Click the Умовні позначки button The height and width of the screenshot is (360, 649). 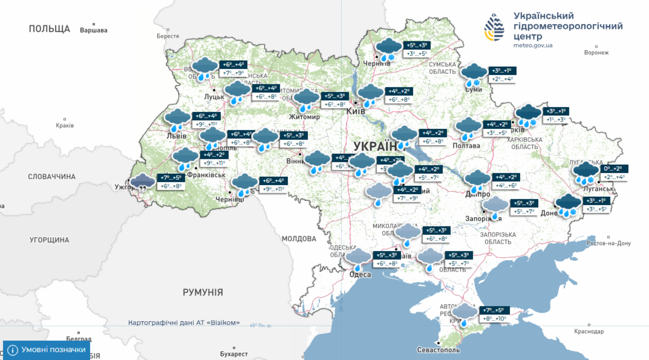click(47, 350)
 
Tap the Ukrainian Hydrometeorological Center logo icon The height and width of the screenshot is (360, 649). click(494, 27)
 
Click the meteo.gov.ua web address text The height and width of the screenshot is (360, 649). click(533, 45)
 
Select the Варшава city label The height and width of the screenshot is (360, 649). click(93, 30)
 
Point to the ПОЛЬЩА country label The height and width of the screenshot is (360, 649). click(49, 29)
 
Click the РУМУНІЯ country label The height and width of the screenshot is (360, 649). click(203, 292)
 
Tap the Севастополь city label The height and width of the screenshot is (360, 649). click(438, 350)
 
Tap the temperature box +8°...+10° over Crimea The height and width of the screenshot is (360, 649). click(494, 318)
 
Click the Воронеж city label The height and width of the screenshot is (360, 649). click(596, 52)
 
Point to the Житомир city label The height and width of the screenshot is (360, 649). click(304, 117)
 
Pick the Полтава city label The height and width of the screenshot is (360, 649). click(466, 146)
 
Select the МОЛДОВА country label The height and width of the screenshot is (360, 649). click(299, 239)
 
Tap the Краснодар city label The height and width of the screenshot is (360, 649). click(589, 332)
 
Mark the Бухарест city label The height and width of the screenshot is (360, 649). click(234, 354)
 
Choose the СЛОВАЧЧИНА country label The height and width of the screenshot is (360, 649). click(51, 177)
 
